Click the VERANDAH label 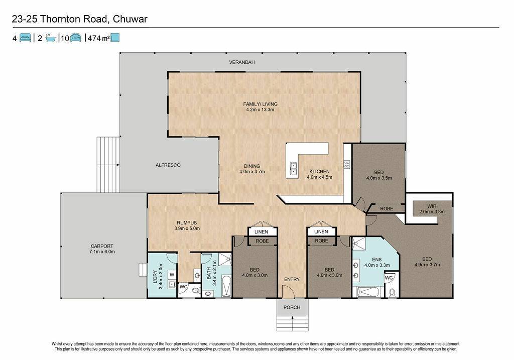click(x=241, y=62)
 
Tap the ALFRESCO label click(x=168, y=165)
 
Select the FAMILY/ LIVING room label click(x=261, y=104)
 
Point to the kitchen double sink click(x=294, y=168)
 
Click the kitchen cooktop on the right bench click(x=347, y=164)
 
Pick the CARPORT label click(x=102, y=246)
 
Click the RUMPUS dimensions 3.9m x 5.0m click(x=187, y=228)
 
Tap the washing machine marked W click(x=172, y=275)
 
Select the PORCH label click(x=292, y=307)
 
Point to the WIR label click(x=432, y=206)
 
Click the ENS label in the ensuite click(x=376, y=260)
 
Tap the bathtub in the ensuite click(x=367, y=292)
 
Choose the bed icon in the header click(x=25, y=38)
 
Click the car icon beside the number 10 click(x=76, y=38)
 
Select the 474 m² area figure click(x=99, y=38)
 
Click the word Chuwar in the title click(x=130, y=19)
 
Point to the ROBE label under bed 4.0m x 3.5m click(x=387, y=208)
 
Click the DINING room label click(x=252, y=166)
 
